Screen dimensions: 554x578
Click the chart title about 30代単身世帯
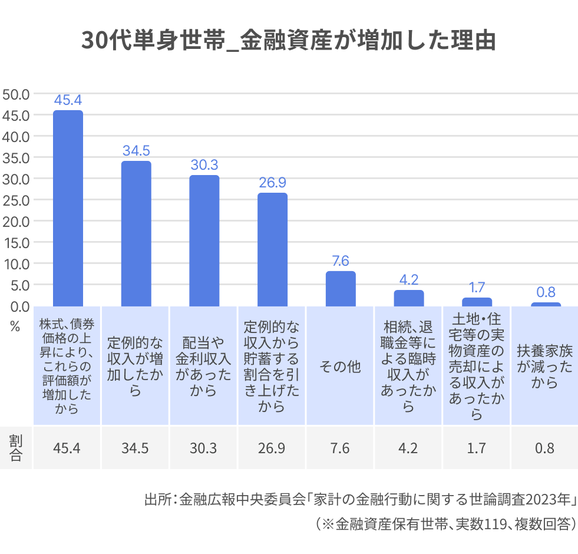tap(288, 42)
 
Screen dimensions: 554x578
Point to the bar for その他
tap(341, 289)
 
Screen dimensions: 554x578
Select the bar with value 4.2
tap(408, 298)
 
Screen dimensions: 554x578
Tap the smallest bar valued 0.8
tap(546, 304)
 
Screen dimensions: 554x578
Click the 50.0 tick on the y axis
tap(16, 94)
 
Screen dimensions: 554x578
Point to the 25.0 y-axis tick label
tap(16, 200)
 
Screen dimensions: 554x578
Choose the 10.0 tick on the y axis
tap(16, 263)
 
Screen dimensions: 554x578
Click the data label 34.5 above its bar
tap(136, 150)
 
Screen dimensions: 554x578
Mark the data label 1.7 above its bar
tap(477, 287)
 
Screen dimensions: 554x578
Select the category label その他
tap(340, 367)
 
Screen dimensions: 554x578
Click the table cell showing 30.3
tap(204, 448)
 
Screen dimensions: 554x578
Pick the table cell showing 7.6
tap(340, 448)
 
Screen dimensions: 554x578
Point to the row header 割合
tap(16, 448)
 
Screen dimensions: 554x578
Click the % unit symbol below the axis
tap(15, 326)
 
